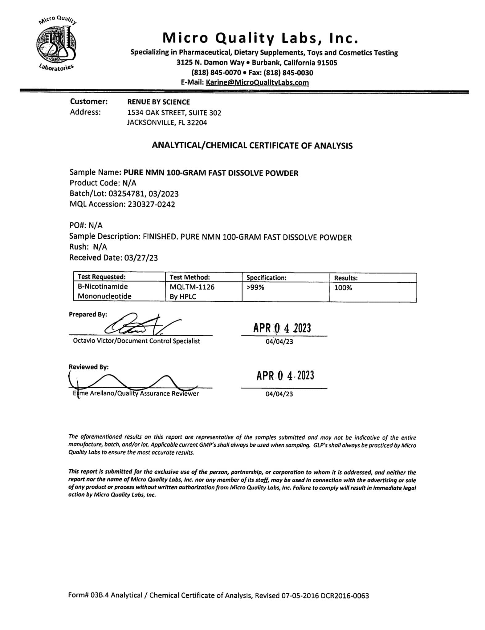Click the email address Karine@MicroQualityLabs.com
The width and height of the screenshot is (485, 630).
point(257,82)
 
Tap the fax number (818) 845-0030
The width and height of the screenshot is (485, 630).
point(288,73)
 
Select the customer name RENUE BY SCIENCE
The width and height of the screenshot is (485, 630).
point(158,102)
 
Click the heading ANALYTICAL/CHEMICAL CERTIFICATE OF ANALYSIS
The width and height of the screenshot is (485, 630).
point(252,146)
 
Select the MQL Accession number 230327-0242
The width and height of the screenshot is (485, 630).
point(151,204)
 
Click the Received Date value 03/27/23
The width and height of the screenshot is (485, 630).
point(141,257)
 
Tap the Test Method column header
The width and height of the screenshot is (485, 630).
point(190,277)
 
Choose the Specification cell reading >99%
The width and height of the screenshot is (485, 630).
point(255,288)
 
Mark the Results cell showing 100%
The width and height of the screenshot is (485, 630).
point(343,288)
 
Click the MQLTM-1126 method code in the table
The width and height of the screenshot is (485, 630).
point(192,287)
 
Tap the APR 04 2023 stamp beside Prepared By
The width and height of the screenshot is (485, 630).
point(282,328)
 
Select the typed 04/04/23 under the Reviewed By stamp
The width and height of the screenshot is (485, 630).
point(279,394)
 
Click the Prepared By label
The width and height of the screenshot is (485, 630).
point(88,314)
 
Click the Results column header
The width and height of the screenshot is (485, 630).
point(346,278)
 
